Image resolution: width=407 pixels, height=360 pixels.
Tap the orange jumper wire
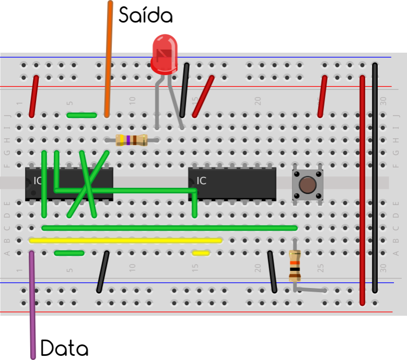[109, 57]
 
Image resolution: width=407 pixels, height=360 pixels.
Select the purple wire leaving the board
[32, 308]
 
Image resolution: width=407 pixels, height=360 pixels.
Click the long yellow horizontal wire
[125, 241]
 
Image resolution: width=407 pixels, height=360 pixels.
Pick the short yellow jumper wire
[201, 253]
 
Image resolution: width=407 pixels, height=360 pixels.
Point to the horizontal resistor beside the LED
[131, 140]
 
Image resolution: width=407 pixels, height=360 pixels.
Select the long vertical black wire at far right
[375, 177]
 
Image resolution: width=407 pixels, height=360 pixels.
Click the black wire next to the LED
[184, 90]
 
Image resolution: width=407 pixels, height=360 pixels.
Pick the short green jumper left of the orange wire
[82, 115]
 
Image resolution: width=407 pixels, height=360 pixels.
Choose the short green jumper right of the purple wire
[69, 253]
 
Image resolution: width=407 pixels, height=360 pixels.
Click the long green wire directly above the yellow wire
[170, 228]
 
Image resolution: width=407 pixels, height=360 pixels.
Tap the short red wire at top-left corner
[34, 97]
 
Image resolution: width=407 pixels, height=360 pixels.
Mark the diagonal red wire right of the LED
[203, 97]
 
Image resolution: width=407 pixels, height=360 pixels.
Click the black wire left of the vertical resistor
[272, 272]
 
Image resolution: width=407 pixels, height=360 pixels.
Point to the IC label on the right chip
[201, 181]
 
